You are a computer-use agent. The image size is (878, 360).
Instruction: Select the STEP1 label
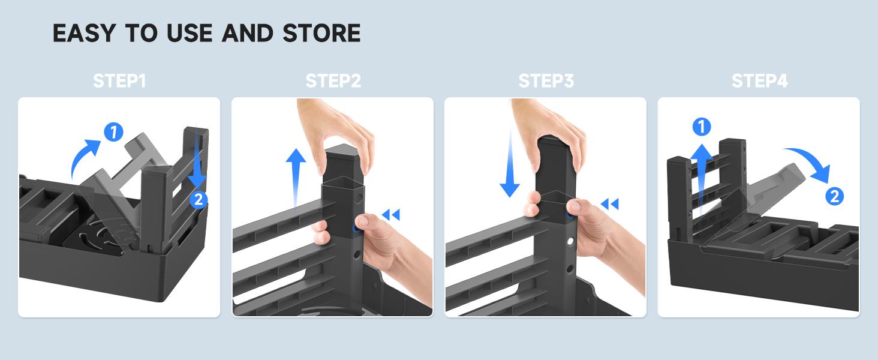pos(119,81)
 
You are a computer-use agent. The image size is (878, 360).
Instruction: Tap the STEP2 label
pos(333,81)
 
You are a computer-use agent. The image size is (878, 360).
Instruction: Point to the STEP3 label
pos(546,81)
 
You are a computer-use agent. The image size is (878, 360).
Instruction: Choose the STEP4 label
pos(759,81)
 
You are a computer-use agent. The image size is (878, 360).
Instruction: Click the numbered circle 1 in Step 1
pos(114,132)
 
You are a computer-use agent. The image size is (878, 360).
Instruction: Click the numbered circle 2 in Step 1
pos(199,200)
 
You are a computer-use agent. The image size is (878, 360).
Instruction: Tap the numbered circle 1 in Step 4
pos(702,127)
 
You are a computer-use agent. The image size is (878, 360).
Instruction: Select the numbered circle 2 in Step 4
pos(834,196)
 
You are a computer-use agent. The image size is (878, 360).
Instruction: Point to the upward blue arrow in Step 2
pos(296,178)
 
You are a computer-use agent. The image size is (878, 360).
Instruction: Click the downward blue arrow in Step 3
pos(510,165)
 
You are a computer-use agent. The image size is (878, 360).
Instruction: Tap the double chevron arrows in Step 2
pos(391,215)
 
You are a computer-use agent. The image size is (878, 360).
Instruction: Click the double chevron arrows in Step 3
pos(609,204)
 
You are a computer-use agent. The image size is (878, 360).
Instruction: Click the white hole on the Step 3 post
pos(570,241)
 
